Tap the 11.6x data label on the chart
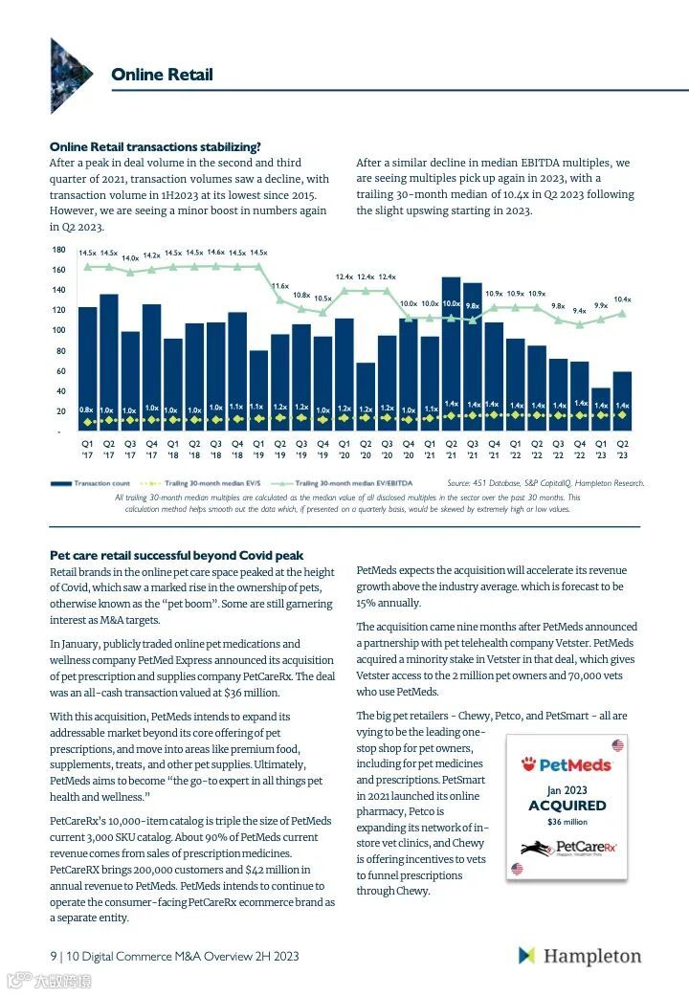tap(279, 286)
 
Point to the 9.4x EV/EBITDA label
tap(579, 311)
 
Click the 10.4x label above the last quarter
tap(622, 299)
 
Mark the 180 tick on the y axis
tap(58, 250)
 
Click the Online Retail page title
tap(162, 75)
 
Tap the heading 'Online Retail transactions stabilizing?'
tap(155, 146)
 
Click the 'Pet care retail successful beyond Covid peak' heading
tap(176, 555)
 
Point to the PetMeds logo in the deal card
tap(566, 764)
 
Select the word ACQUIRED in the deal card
tap(567, 806)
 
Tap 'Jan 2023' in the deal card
tap(567, 790)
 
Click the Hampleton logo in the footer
tap(580, 956)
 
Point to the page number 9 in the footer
tap(53, 956)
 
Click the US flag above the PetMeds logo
tap(617, 745)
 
